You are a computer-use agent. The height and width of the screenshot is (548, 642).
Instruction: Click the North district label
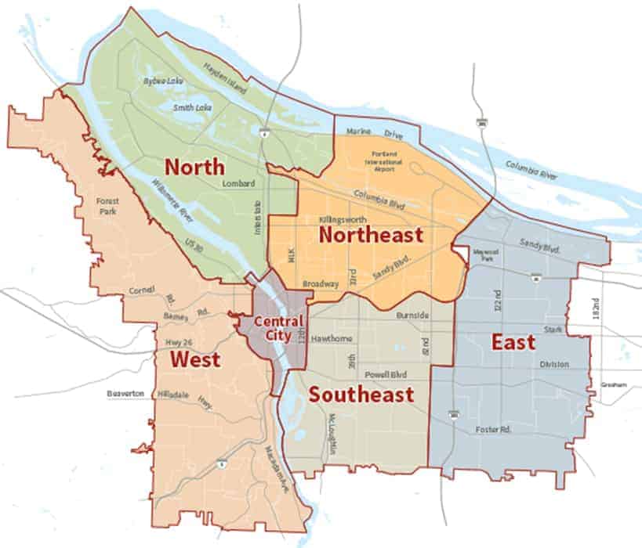coord(194,167)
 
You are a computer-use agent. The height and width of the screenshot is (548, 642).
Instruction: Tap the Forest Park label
coord(107,206)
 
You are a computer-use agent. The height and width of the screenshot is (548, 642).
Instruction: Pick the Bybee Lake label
coord(160,80)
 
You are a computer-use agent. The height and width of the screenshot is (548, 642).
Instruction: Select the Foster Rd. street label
coord(493,430)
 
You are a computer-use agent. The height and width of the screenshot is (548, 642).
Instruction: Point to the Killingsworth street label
coord(346,220)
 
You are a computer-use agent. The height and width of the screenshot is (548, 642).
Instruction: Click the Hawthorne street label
coord(332,338)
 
